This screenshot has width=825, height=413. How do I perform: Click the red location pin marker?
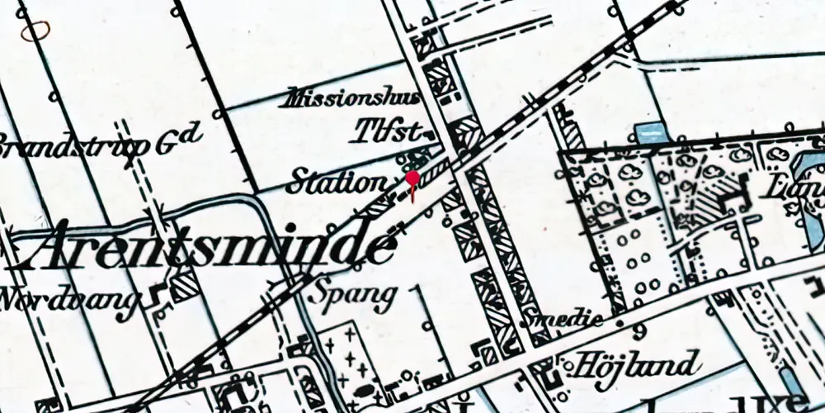(x=412, y=181)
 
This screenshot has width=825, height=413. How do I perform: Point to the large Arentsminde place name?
(x=203, y=246)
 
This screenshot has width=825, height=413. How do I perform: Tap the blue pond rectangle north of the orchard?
(x=651, y=133)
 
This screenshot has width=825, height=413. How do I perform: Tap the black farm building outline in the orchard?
(x=730, y=197)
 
